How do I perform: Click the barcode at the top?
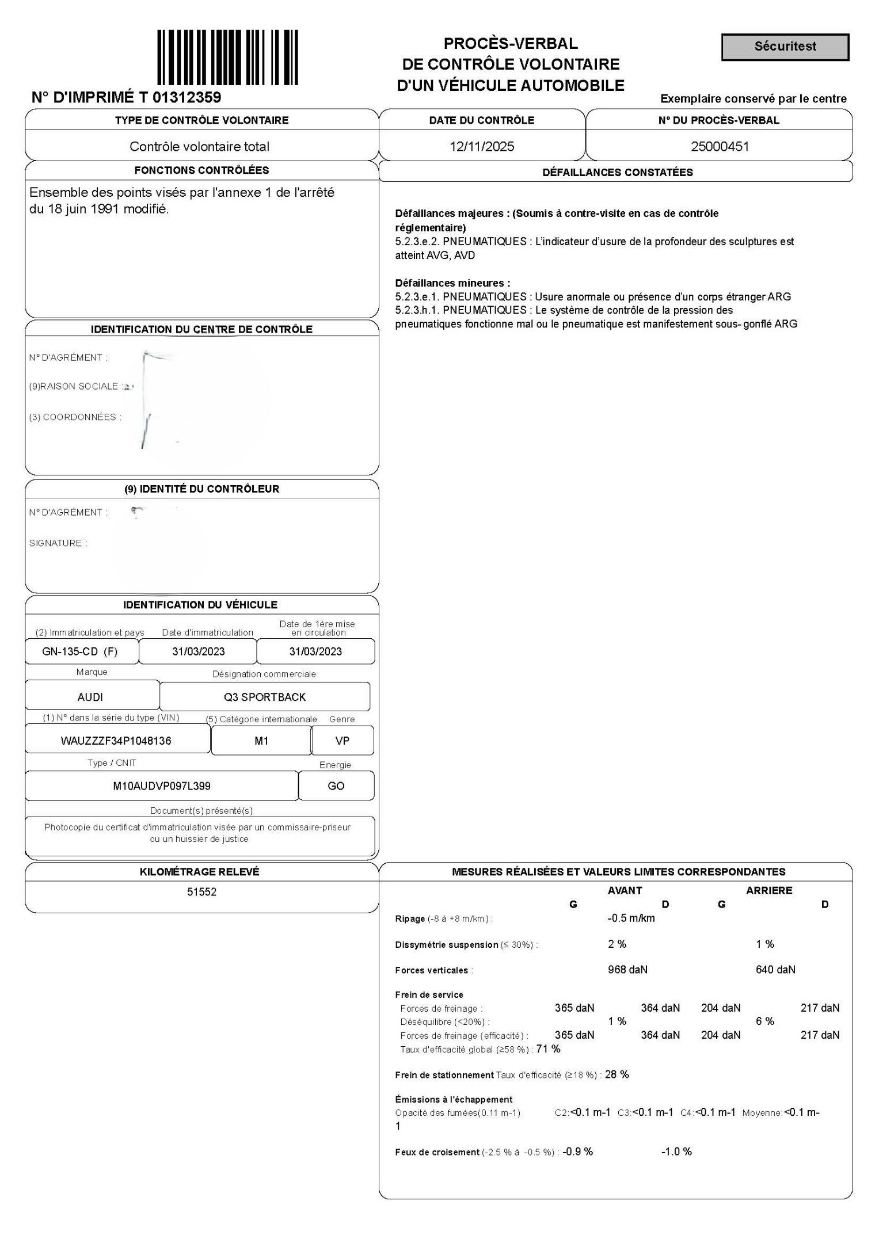pos(227,57)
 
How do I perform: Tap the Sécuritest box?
pos(785,47)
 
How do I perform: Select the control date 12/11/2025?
pos(482,146)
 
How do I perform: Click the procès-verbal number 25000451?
pos(720,146)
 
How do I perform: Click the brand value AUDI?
pos(90,697)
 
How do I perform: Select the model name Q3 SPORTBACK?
pos(265,697)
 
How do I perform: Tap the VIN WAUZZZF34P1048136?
pos(116,741)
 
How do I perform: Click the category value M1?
pos(261,741)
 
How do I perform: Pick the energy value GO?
pos(336,786)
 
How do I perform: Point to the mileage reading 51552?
pos(201,891)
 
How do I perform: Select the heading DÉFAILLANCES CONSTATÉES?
pos(617,172)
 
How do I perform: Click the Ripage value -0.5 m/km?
pos(631,918)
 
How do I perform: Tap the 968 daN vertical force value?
pos(627,970)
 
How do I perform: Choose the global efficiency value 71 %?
pos(548,1048)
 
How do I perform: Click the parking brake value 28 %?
pos(617,1074)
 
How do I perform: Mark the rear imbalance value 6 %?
pos(765,1021)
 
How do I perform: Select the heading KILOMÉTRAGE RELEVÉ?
pos(199,872)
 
